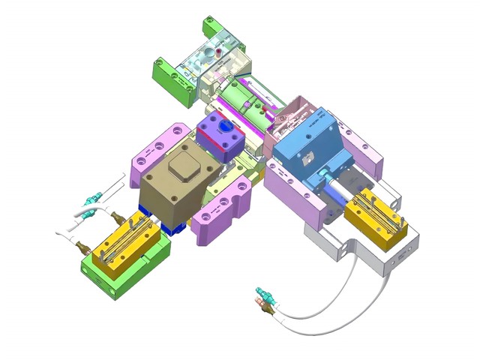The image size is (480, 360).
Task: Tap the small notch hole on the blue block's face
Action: coord(307,159)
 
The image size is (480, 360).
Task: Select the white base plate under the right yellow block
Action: coord(390,255)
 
